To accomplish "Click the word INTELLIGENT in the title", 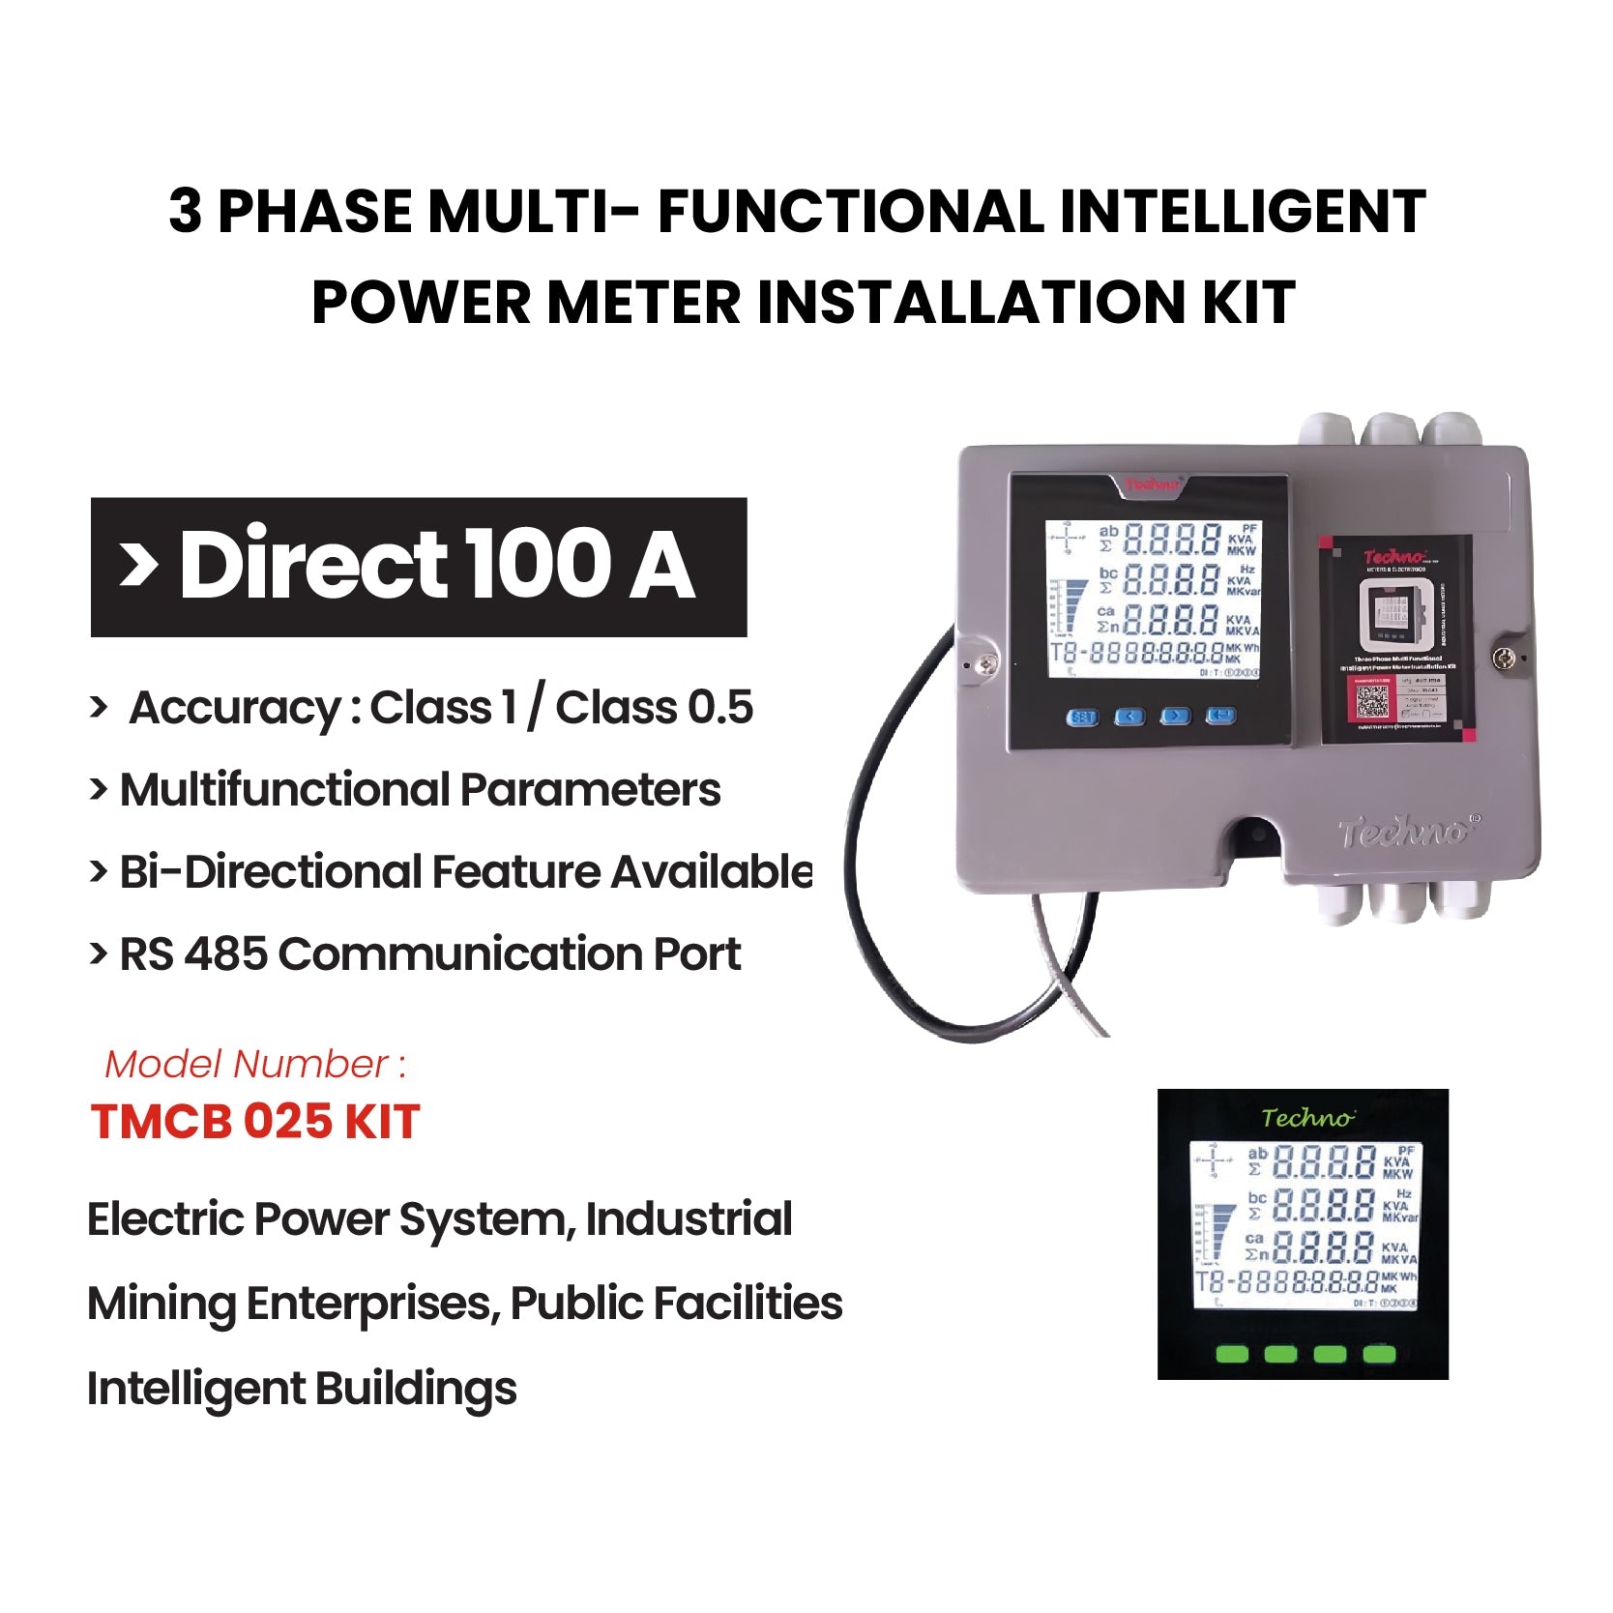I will (x=1243, y=212).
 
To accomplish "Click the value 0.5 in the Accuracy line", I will (x=719, y=707).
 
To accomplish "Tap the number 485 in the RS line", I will (x=224, y=954).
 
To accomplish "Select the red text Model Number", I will (x=248, y=1064).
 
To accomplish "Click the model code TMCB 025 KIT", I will (x=255, y=1122).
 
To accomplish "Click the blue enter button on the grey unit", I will (x=1221, y=717).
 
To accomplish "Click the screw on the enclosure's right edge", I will (x=1504, y=659).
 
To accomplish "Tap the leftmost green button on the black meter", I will (x=1232, y=1354).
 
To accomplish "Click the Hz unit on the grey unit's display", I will (x=1246, y=570).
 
